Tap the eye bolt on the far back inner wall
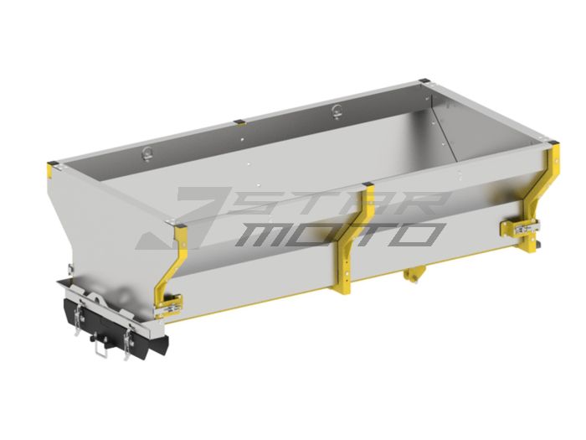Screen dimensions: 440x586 (337, 107)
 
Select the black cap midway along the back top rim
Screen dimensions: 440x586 (239, 121)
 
